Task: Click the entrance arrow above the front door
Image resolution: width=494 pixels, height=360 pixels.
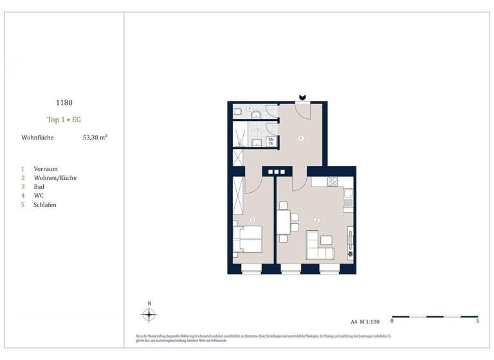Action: (x=302, y=98)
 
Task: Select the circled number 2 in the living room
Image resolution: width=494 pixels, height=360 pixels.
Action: (x=316, y=220)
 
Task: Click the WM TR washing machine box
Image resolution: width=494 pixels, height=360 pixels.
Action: (x=271, y=142)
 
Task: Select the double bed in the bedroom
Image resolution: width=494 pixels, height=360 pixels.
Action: (x=248, y=239)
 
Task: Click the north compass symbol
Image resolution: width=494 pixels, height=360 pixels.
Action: (x=149, y=314)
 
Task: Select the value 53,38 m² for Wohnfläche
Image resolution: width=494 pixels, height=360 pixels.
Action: (x=95, y=138)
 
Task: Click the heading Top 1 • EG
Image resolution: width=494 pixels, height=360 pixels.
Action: (x=64, y=120)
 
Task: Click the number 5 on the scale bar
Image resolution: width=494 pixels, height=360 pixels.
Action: (x=477, y=320)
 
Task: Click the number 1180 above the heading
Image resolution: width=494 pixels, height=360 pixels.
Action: (x=64, y=102)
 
